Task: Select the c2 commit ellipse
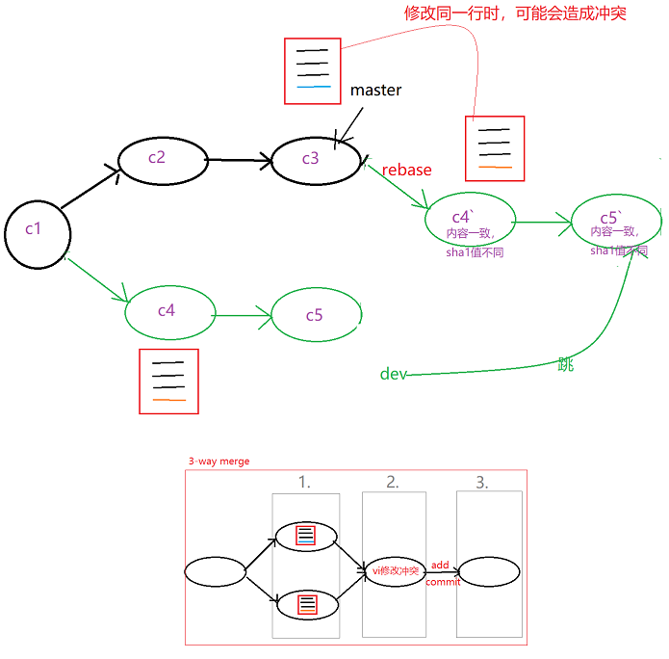click(x=162, y=158)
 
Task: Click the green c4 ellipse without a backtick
click(x=168, y=310)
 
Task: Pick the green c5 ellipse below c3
click(x=316, y=315)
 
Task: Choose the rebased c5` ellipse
click(x=615, y=220)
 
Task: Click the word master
click(x=375, y=91)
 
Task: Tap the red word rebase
click(x=406, y=170)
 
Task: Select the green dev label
click(x=393, y=374)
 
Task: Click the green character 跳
click(x=565, y=365)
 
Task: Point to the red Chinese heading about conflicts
click(x=514, y=14)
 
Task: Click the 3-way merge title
click(x=219, y=461)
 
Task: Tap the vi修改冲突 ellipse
click(x=395, y=571)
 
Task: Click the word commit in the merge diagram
click(x=443, y=581)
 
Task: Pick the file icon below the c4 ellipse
click(x=168, y=382)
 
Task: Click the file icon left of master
click(x=313, y=70)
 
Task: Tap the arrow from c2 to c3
click(x=240, y=161)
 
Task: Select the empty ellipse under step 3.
click(x=489, y=571)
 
